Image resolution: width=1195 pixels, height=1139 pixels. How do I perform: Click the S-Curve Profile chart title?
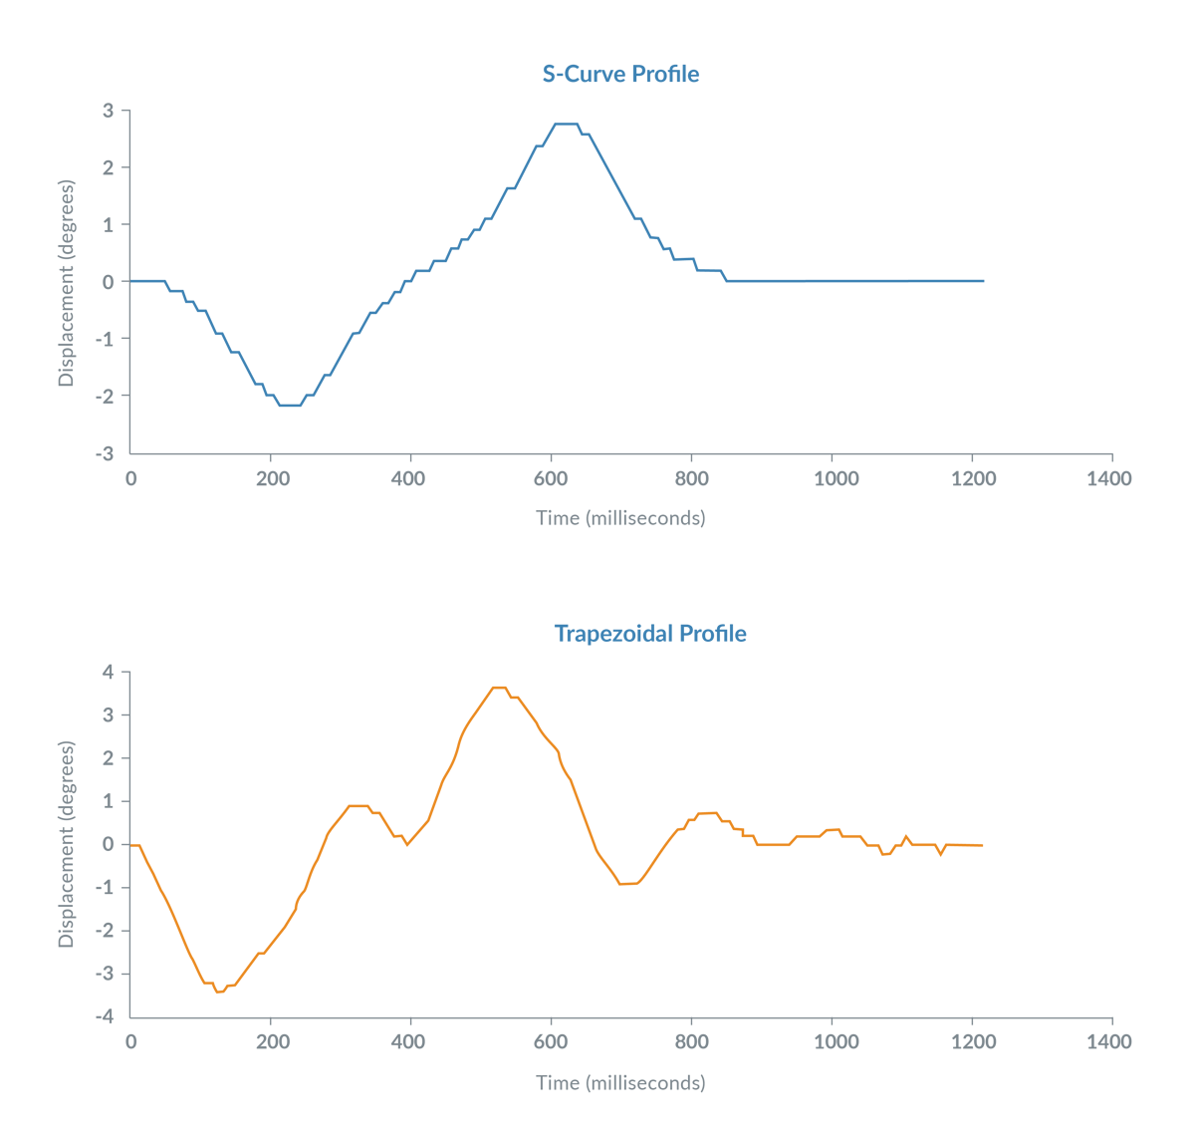click(620, 75)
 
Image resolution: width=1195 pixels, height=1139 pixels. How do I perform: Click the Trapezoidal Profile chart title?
click(649, 635)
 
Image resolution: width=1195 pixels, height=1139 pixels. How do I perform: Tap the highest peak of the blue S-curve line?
click(565, 125)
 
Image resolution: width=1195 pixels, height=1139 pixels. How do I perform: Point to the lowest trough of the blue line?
click(289, 406)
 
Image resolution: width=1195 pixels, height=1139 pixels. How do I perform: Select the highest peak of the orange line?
click(499, 688)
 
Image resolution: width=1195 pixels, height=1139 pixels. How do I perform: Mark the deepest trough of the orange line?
click(219, 992)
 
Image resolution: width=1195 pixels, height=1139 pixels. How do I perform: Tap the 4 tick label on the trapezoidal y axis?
click(109, 673)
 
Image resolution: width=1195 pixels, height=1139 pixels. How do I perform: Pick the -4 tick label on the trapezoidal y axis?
click(106, 1017)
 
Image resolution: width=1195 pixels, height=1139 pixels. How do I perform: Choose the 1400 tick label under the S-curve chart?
click(1109, 479)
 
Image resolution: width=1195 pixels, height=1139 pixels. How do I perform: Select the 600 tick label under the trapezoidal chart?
click(549, 1042)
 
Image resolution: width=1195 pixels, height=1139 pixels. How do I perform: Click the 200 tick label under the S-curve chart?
click(272, 479)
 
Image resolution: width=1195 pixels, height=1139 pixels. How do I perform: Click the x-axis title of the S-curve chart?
click(620, 518)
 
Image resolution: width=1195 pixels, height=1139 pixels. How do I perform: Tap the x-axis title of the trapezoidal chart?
click(620, 1082)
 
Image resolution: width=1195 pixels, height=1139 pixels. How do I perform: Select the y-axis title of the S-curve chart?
click(66, 283)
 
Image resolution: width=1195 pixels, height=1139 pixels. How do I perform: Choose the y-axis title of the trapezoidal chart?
click(66, 844)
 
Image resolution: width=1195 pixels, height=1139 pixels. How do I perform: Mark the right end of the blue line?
click(983, 281)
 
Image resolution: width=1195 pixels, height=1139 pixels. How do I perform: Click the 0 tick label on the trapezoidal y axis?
click(110, 845)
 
